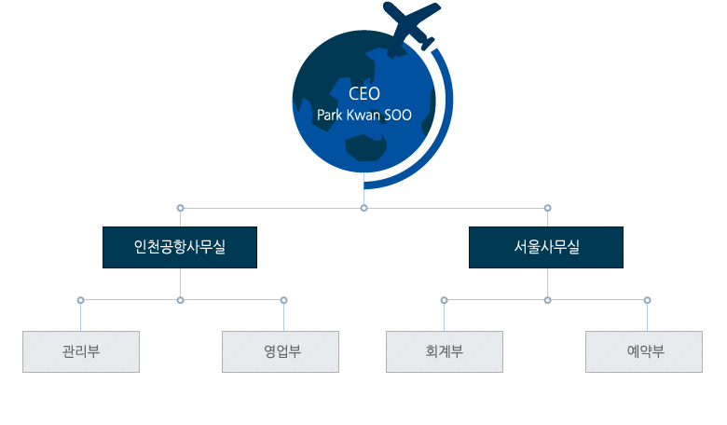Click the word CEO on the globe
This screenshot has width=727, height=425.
point(364,93)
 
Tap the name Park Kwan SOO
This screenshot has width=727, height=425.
point(364,115)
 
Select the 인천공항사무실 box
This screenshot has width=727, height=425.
point(180,248)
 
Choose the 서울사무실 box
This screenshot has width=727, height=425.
point(546,248)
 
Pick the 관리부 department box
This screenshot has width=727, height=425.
point(81,351)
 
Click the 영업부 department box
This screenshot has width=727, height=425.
point(281,351)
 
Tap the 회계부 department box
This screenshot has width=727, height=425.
point(445,351)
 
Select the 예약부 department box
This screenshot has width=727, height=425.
point(644,351)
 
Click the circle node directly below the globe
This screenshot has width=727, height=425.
point(363,208)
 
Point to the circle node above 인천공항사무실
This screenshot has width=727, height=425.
point(181,208)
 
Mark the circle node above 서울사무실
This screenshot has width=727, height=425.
point(547,208)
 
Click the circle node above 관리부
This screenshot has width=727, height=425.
point(81,300)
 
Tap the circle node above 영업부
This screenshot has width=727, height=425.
point(283,300)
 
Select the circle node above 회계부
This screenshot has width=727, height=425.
point(445,300)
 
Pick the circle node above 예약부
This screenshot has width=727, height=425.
point(647,300)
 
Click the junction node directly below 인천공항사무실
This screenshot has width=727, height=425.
point(181,300)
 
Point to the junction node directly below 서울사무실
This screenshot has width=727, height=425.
point(547,300)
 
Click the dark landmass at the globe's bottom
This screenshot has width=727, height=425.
point(365,148)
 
